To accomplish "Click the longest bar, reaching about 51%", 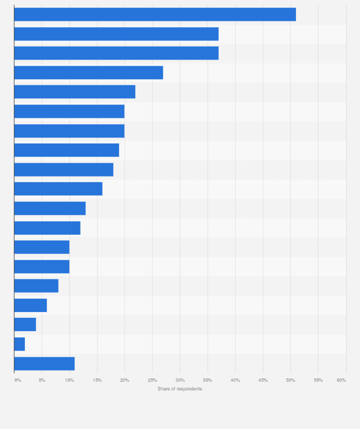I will pos(155,15).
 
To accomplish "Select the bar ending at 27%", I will pos(88,73).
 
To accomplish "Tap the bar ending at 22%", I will pos(74,92).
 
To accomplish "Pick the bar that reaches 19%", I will pos(66,150).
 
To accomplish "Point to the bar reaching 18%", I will pos(64,169).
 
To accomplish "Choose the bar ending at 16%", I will pos(58,189).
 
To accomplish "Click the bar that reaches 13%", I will pos(50,209).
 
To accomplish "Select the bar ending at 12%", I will pos(47,228).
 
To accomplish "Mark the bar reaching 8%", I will pos(36,286).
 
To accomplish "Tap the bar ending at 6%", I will pos(31,305).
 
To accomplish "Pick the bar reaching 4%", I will pos(25,324).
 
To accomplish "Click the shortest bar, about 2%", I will pos(20,344).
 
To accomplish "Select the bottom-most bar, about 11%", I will pos(44,364).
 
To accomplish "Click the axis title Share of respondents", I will pos(180,389).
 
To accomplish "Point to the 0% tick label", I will pos(18,380).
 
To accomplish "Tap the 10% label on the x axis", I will pos(69,380).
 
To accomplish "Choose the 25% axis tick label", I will pos(152,380).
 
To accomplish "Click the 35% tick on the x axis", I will pos(208,380).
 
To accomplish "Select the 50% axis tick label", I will pos(290,380).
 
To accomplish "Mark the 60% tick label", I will pos(341,380).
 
